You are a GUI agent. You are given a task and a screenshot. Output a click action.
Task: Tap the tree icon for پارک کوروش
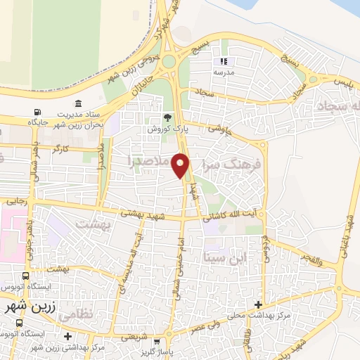pos(167,117)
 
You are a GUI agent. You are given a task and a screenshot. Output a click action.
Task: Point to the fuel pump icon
pos(37,112)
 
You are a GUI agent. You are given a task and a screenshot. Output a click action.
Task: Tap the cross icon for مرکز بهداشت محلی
pos(259,305)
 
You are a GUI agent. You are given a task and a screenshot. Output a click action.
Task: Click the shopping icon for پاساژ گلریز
pos(146,340)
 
